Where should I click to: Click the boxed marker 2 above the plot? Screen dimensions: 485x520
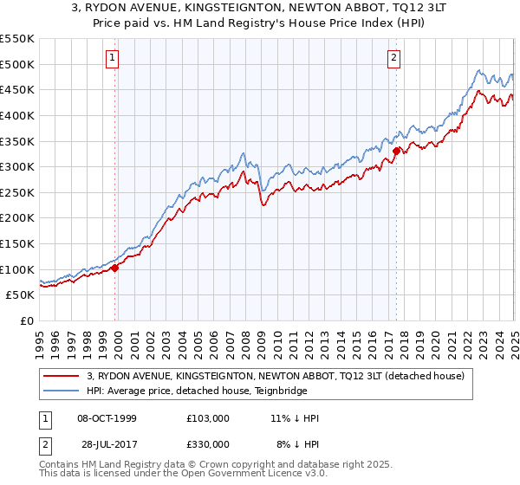click(x=393, y=58)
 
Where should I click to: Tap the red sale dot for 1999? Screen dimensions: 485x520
click(x=115, y=268)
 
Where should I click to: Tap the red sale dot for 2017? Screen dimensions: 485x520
click(x=396, y=151)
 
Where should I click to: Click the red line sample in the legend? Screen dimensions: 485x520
click(x=62, y=376)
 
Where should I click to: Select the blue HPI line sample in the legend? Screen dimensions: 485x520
click(x=62, y=391)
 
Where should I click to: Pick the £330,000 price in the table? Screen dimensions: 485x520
click(x=208, y=444)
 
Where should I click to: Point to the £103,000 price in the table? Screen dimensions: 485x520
click(x=208, y=418)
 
